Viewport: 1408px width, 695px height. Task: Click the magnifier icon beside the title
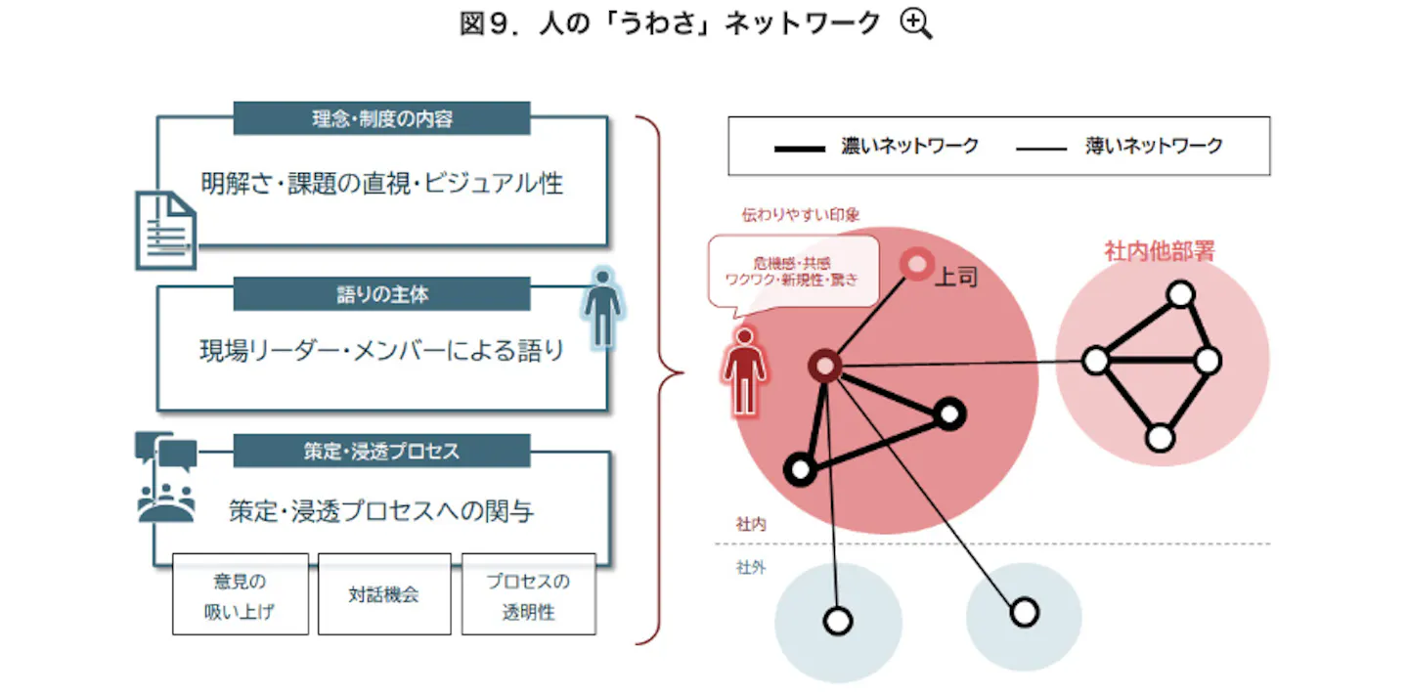[x=916, y=24]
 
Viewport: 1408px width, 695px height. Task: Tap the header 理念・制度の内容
[x=381, y=118]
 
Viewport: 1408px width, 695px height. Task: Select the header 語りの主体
[x=381, y=294]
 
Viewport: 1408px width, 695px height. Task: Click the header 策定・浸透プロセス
[x=381, y=451]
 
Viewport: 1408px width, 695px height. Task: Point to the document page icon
[x=166, y=231]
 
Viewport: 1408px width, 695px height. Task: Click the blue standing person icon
[x=602, y=308]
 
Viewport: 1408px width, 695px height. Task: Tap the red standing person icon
[x=745, y=371]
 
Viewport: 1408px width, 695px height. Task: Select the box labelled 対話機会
[x=384, y=594]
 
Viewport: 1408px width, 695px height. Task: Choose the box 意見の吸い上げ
[x=241, y=594]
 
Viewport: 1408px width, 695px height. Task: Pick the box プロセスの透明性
[x=529, y=594]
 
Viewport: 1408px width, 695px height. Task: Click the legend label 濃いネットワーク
[x=909, y=146]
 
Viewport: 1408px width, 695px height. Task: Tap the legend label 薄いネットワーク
[x=1154, y=146]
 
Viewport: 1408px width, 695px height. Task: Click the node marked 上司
[x=917, y=265]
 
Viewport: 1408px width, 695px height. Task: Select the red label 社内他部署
[x=1160, y=250]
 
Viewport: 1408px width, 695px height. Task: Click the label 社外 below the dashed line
[x=751, y=567]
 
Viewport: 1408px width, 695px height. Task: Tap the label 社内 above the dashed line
[x=751, y=524]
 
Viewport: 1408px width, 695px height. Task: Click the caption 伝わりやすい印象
[x=800, y=215]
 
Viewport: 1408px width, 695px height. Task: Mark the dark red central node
[x=824, y=366]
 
